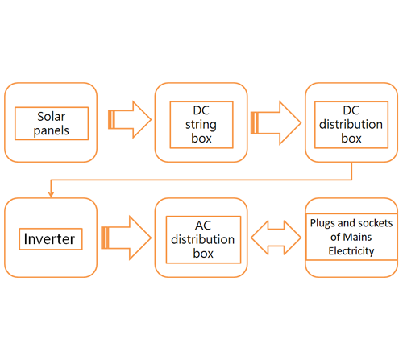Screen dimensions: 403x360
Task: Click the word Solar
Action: click(x=51, y=117)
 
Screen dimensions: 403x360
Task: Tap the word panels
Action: click(x=51, y=130)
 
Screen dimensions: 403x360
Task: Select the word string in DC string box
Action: click(x=201, y=125)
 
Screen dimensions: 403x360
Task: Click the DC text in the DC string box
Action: click(x=201, y=110)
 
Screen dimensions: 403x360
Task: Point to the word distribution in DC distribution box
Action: click(x=351, y=124)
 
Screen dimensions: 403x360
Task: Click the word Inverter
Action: click(x=49, y=239)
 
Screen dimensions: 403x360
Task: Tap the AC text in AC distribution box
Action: click(x=203, y=226)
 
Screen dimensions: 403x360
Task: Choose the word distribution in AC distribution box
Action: click(x=203, y=239)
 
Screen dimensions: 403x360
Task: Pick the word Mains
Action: click(x=357, y=237)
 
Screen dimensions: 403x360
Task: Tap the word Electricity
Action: click(x=351, y=251)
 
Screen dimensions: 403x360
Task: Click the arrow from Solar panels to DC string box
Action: click(x=130, y=120)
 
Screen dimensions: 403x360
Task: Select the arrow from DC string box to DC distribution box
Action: click(x=276, y=123)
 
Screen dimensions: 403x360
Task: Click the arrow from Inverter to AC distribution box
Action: click(x=127, y=238)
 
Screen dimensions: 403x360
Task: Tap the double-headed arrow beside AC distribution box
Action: click(x=276, y=238)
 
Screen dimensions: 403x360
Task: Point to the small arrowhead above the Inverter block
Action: click(x=51, y=194)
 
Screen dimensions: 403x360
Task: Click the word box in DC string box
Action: click(x=201, y=139)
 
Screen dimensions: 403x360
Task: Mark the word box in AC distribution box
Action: click(x=203, y=254)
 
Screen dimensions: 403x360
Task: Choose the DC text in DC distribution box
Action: click(x=351, y=110)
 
